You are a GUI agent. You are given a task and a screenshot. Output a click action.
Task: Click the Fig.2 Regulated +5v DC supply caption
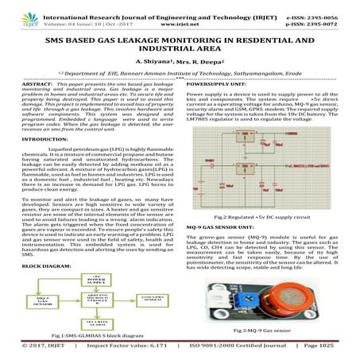click(270, 194)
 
